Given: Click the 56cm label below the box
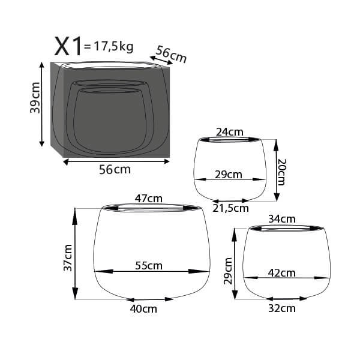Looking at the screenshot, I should coord(114,169).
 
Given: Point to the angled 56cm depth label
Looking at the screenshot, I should coord(170,55).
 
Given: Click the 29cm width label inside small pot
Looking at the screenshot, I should coord(229,175).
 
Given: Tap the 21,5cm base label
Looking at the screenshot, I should coord(231,208).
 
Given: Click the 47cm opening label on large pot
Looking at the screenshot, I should coord(149,199).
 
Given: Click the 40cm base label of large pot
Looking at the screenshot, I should coord(143,309).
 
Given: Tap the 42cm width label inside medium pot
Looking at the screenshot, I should coord(281,272).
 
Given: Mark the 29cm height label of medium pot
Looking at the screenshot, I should coord(228,271).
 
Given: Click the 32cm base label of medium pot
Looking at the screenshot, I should coord(281,308).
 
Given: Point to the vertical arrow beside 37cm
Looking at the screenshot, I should coord(76,253).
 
